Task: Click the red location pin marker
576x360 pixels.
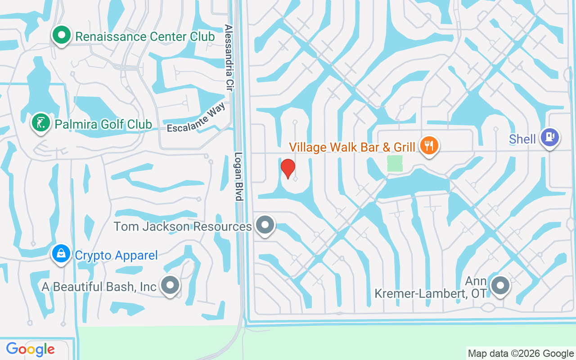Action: click(x=288, y=168)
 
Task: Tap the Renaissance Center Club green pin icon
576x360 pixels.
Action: click(x=62, y=35)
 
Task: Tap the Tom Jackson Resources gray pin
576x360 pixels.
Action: click(x=265, y=225)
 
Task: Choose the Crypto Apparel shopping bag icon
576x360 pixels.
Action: click(x=61, y=254)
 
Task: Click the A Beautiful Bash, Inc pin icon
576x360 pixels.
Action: click(x=171, y=285)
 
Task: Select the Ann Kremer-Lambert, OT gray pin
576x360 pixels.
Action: click(x=499, y=285)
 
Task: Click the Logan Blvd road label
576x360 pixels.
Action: click(x=239, y=176)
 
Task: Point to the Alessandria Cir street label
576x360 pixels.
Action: click(x=229, y=58)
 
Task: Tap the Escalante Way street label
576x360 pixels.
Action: click(x=196, y=119)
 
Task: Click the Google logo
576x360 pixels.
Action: click(x=30, y=349)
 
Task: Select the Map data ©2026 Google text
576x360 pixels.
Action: click(x=521, y=354)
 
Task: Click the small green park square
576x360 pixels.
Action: click(x=395, y=163)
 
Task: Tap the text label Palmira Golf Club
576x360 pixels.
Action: click(x=103, y=124)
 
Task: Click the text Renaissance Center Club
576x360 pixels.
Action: click(x=145, y=37)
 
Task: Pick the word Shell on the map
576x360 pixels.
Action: click(x=522, y=139)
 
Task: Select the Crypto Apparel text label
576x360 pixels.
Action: click(x=116, y=256)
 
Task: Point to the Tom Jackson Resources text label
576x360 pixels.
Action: click(x=182, y=226)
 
